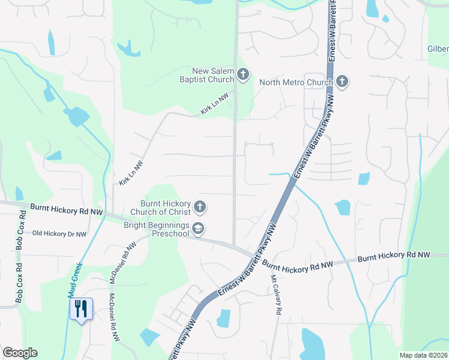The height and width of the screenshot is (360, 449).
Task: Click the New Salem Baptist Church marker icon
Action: (x=243, y=75)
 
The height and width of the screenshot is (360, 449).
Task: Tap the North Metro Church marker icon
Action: (x=342, y=82)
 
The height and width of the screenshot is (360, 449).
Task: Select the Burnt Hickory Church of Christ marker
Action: (x=200, y=208)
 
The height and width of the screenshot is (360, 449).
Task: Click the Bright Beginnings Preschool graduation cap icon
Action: (x=199, y=229)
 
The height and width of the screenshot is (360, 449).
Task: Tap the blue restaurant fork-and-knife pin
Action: (x=80, y=309)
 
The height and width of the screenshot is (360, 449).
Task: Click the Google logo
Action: (x=20, y=353)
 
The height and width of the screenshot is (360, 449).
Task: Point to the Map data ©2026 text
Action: (x=422, y=355)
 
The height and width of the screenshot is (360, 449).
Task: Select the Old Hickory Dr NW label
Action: (x=59, y=233)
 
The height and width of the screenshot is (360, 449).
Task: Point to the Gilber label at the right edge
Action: (x=438, y=49)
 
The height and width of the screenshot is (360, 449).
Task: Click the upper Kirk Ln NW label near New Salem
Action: (x=214, y=104)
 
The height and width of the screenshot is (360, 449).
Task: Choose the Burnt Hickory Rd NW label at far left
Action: (x=67, y=209)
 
